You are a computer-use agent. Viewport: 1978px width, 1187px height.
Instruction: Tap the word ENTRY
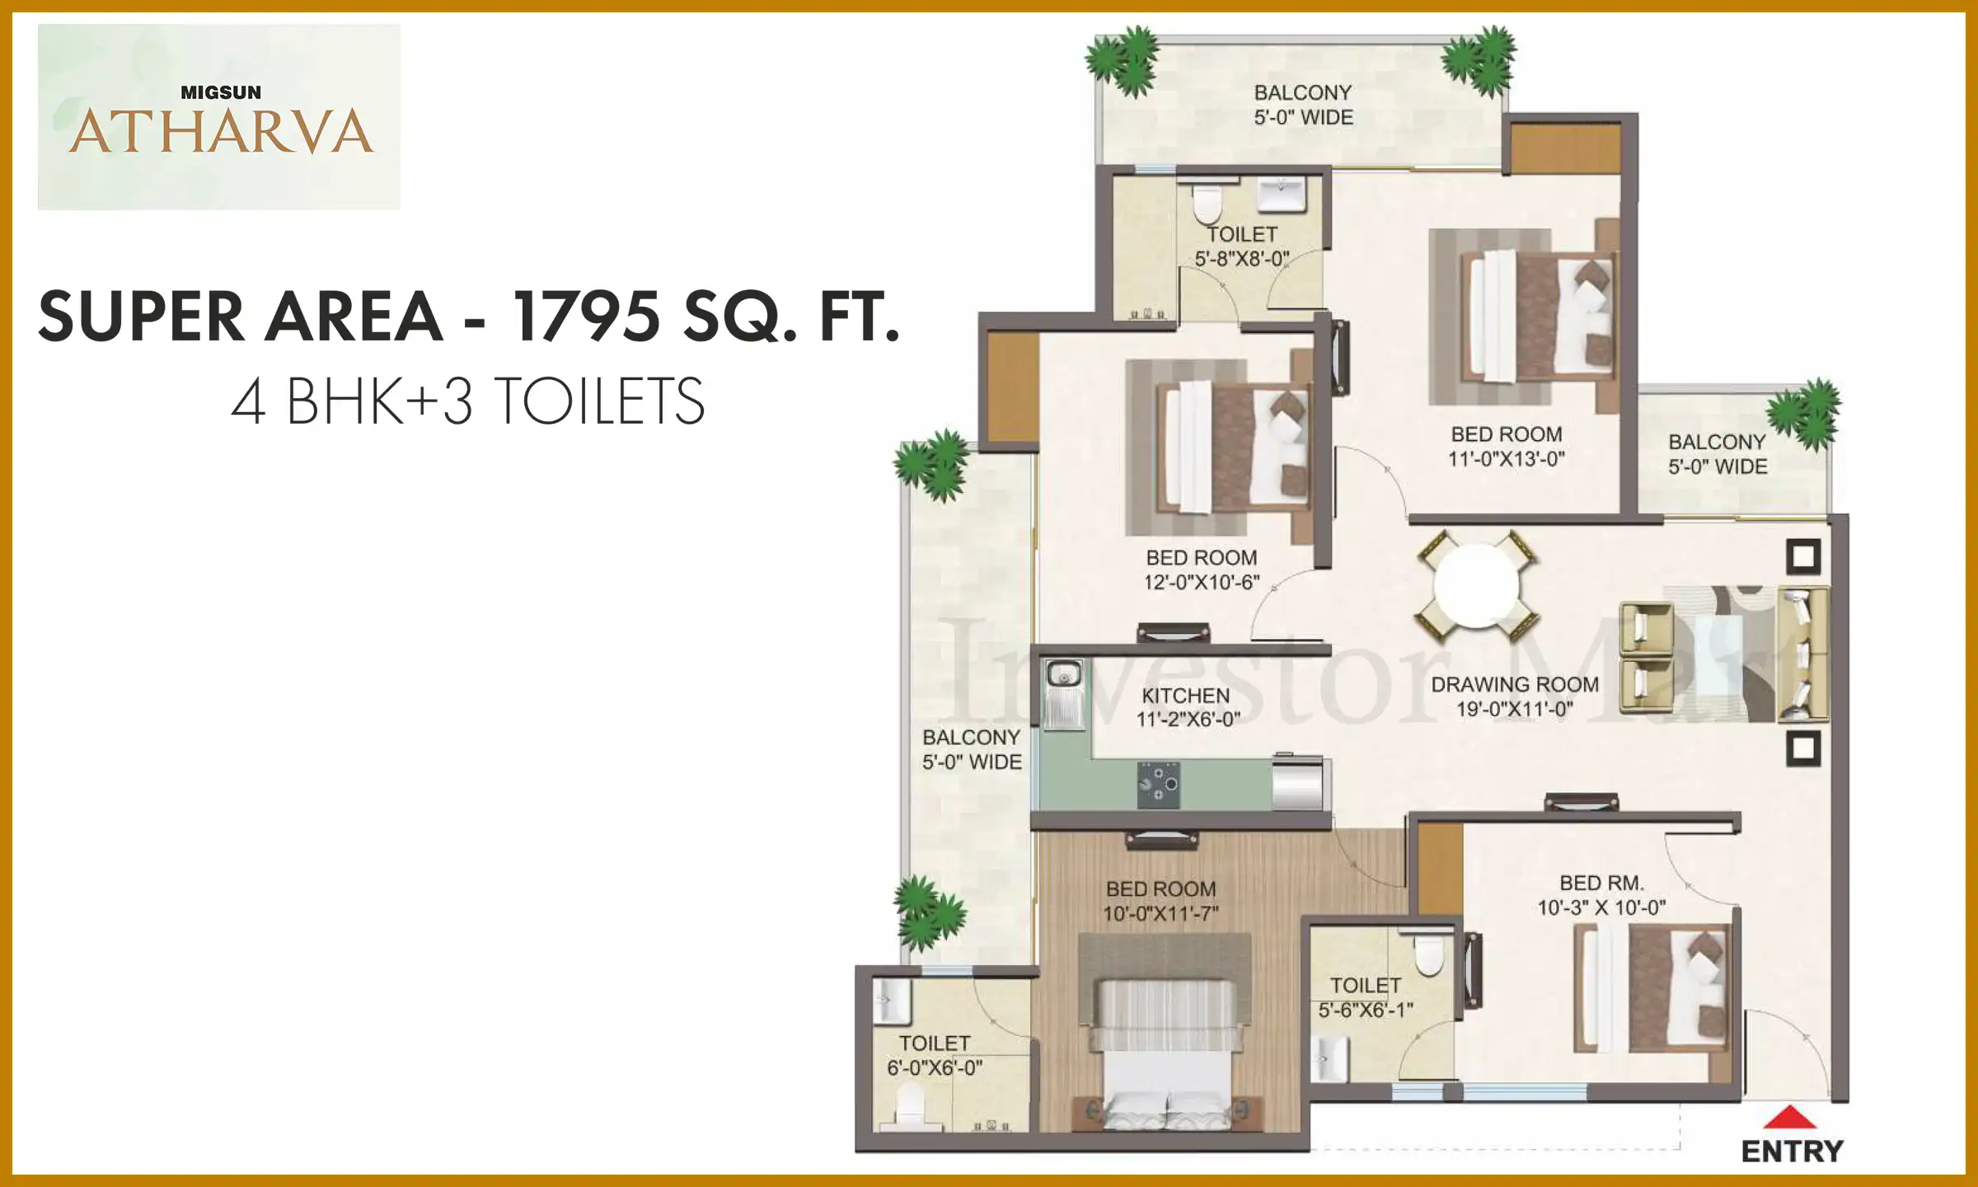tap(1793, 1152)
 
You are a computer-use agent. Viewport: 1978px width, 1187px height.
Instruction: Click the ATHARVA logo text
tap(221, 132)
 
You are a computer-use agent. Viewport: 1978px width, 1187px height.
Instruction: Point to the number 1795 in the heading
tap(586, 316)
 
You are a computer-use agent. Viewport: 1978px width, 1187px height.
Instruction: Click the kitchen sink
tap(1064, 694)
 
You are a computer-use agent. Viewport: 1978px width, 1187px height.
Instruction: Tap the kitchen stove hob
tap(1158, 785)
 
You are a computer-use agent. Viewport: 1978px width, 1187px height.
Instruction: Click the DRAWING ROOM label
tap(1515, 685)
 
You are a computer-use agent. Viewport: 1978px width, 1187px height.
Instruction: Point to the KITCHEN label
tap(1185, 696)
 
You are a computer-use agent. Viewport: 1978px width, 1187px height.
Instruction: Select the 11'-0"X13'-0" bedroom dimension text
tap(1507, 459)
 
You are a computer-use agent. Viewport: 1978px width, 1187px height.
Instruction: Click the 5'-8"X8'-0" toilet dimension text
tap(1242, 259)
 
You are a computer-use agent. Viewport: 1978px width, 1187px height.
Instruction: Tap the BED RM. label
tap(1602, 883)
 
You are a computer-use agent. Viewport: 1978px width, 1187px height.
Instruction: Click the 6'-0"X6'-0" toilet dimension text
tap(935, 1068)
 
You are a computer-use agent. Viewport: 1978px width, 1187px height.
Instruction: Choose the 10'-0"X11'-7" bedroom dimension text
tap(1160, 913)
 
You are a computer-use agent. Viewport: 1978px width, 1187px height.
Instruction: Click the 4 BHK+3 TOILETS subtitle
tap(468, 401)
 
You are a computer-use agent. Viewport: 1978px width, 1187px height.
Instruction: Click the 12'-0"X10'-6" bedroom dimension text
tap(1202, 582)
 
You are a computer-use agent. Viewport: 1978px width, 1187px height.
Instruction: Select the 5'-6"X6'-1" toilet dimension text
tap(1366, 1010)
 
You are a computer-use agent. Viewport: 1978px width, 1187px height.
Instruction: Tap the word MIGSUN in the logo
tap(221, 92)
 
